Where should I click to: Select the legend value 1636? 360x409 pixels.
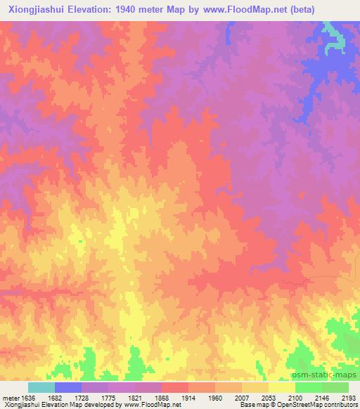28,397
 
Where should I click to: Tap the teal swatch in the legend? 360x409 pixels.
41,387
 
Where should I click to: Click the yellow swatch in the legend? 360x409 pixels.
281,387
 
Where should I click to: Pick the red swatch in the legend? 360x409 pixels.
175,387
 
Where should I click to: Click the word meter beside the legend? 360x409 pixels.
11,397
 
